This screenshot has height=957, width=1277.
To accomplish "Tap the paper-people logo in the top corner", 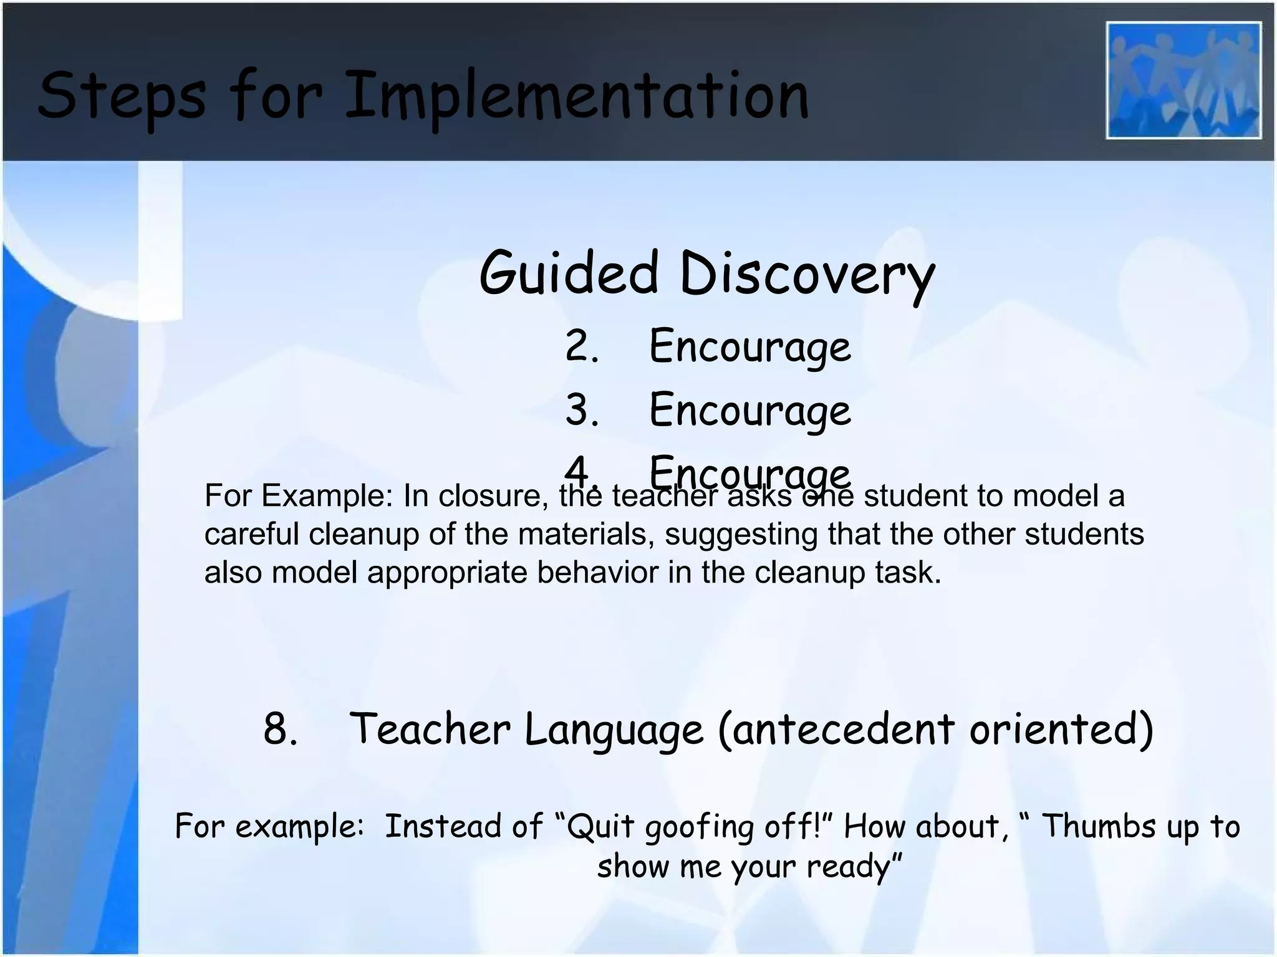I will [1183, 80].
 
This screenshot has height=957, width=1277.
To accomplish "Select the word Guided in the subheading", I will [568, 274].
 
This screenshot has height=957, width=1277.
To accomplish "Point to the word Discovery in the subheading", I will [807, 275].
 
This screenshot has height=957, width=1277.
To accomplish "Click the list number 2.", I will [581, 346].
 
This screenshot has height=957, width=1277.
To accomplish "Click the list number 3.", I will [581, 411].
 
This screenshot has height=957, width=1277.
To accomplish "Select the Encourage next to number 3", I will [749, 412].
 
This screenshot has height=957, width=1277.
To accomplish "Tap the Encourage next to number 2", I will [749, 348].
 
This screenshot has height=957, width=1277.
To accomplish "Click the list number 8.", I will [280, 728].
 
